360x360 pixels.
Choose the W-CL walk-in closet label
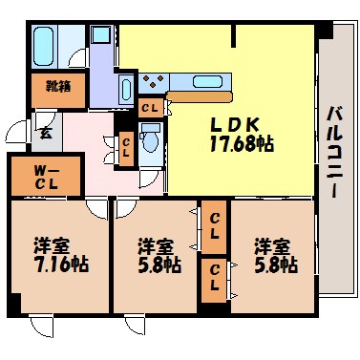tap(37, 177)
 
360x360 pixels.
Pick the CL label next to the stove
tap(150, 108)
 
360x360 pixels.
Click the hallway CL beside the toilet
tap(125, 148)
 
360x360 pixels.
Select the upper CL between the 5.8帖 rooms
tap(215, 226)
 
